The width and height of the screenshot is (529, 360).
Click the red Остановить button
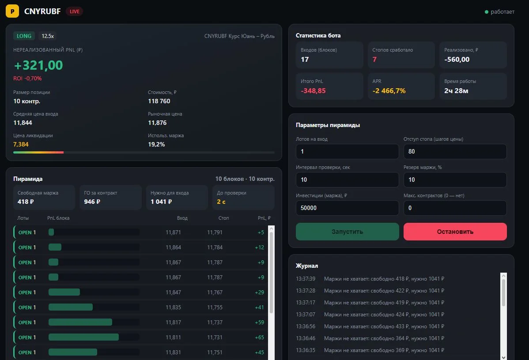[455, 232]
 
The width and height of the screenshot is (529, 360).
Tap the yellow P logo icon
[12, 11]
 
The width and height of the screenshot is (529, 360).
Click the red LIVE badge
[74, 11]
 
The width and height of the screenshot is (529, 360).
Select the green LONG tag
[24, 36]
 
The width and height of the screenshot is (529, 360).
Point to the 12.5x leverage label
[48, 36]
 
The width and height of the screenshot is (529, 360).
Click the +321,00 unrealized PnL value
[38, 65]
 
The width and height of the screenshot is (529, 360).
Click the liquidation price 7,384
[21, 144]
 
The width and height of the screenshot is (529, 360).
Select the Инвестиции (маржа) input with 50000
[347, 208]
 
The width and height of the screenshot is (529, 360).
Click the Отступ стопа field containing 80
[455, 151]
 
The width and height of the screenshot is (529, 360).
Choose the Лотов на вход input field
[347, 151]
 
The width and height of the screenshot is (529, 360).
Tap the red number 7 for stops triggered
[374, 59]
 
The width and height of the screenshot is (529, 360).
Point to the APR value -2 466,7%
[389, 91]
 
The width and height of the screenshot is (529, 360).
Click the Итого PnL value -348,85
[313, 91]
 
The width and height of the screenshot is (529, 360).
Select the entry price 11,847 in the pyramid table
[174, 292]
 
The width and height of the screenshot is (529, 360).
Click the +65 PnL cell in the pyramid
[260, 337]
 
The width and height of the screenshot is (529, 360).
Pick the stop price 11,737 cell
[215, 322]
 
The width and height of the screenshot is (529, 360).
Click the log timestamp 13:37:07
[306, 315]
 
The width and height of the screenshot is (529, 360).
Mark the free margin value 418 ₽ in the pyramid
[26, 202]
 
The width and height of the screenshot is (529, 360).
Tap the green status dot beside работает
[487, 12]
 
